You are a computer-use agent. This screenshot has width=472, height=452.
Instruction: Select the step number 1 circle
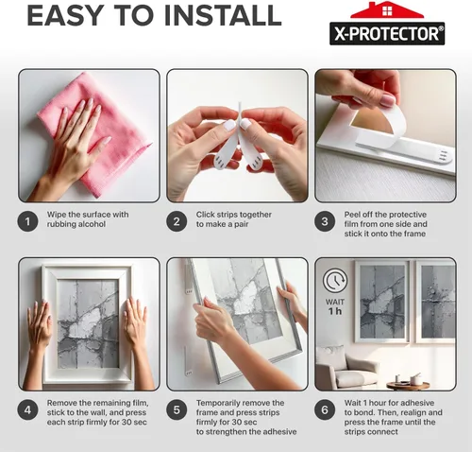pos(29,221)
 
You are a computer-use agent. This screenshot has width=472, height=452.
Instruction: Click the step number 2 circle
pos(177,221)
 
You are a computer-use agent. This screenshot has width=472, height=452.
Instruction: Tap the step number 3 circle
pos(324,221)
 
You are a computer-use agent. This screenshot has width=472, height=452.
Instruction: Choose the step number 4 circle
pos(29,409)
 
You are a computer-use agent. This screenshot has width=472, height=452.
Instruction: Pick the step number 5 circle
pos(177,409)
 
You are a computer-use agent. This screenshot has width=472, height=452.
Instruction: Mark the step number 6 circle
pos(324,409)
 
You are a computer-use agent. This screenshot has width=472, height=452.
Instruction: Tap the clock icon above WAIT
pos(334,281)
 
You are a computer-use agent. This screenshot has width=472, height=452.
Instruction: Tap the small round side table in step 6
pos(408,384)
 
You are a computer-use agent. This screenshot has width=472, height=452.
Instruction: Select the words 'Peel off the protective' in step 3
pos(387,215)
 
